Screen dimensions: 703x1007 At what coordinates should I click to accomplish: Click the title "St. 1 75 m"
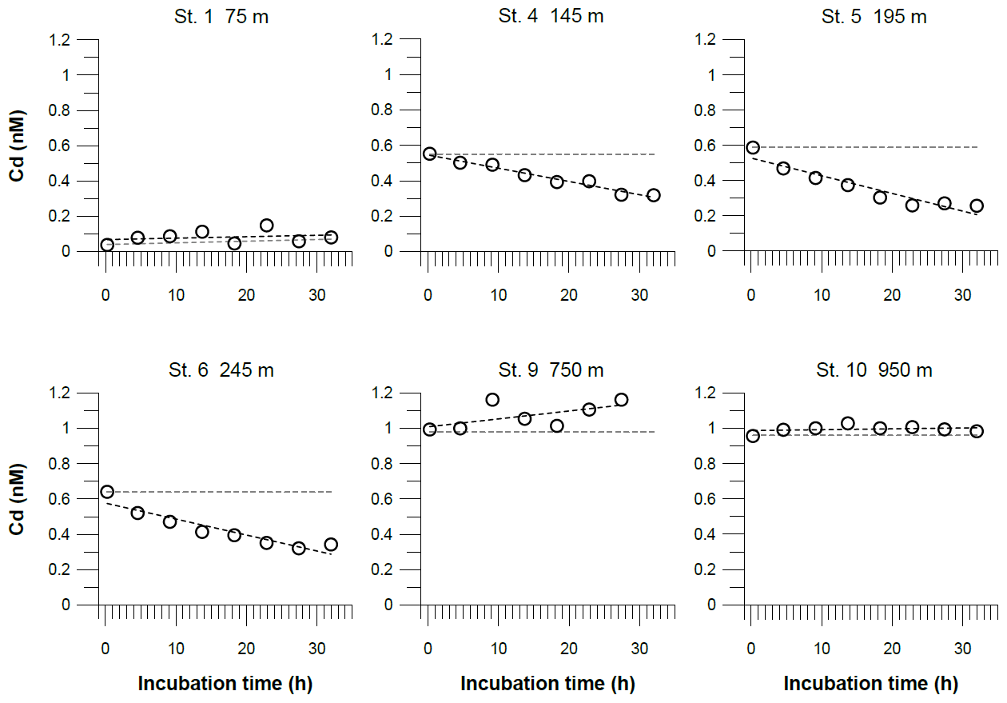point(221,17)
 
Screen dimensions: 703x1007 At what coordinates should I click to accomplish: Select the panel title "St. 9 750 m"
point(551,370)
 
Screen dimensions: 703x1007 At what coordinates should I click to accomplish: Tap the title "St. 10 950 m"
point(874,370)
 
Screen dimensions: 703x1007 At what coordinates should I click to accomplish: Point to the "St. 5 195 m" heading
point(874,17)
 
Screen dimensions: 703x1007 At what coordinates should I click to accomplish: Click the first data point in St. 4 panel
point(429,154)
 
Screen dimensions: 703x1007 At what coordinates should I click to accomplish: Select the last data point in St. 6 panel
point(331,545)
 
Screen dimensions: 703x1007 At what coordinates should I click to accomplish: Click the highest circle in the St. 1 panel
point(267,226)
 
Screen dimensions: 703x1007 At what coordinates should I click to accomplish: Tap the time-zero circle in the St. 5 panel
point(752,147)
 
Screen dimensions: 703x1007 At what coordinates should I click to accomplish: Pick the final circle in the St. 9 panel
point(621,399)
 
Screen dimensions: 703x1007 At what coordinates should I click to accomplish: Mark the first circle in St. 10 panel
point(752,436)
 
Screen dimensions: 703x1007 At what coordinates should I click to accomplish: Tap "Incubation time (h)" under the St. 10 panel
point(871,684)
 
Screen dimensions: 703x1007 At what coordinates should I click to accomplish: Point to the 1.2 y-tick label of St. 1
point(62,39)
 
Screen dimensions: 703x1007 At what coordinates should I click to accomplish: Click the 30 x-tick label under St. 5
point(962,295)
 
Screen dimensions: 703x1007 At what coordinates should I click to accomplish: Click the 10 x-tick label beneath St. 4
point(499,295)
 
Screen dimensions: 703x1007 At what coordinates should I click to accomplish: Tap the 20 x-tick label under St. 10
point(891,649)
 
